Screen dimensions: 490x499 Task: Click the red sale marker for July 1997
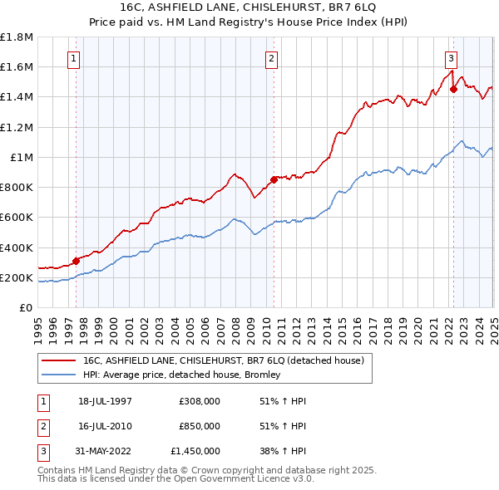[x=76, y=261]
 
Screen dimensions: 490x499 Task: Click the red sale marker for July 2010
[x=273, y=179]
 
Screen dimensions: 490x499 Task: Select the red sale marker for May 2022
[x=453, y=89]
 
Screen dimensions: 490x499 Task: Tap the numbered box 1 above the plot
[x=76, y=58]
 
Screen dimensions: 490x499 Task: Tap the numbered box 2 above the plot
[x=273, y=58]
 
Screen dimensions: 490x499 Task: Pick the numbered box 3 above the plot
[x=450, y=58]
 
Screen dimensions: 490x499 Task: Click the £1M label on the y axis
[x=22, y=157]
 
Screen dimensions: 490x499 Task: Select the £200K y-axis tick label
[x=17, y=277]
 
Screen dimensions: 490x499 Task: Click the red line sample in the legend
[x=59, y=361]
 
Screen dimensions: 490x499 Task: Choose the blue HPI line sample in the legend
[x=59, y=375]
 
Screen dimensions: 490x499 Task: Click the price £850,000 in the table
[x=200, y=426]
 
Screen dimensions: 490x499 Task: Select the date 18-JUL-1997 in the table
[x=105, y=401]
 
